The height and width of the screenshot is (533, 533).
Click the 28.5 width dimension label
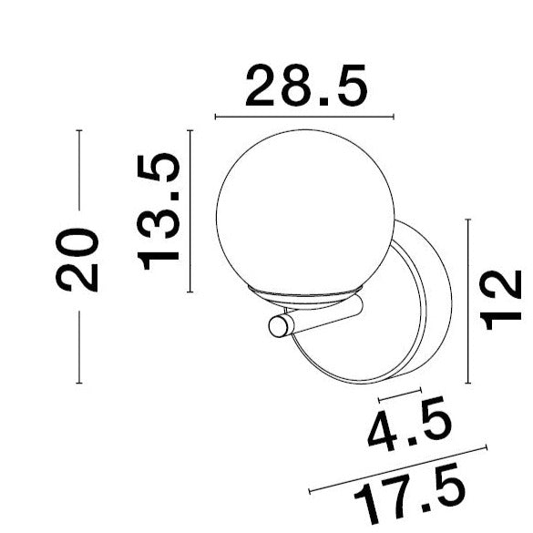(x=305, y=88)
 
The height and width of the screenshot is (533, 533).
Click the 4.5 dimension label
(x=409, y=432)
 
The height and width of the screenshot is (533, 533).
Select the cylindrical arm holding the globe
(x=319, y=319)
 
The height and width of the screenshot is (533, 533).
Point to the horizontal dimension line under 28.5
(x=303, y=118)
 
